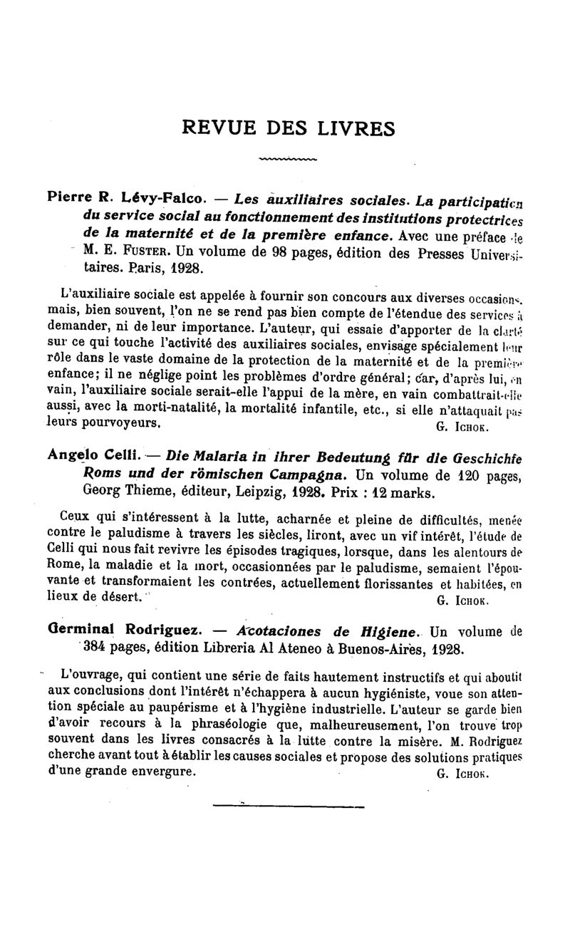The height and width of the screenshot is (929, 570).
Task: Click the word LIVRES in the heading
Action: [x=353, y=128]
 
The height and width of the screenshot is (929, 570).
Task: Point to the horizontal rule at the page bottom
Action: [x=289, y=806]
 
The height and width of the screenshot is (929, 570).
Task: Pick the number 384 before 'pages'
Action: [x=96, y=649]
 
